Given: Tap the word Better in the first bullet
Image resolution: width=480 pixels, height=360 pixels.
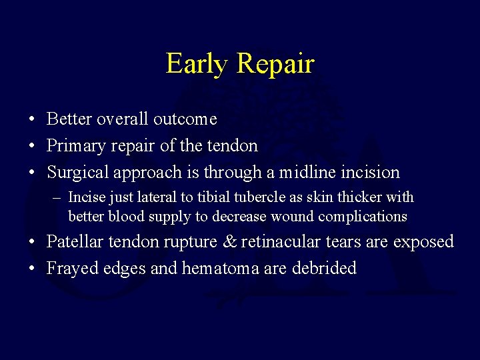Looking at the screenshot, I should (x=69, y=119).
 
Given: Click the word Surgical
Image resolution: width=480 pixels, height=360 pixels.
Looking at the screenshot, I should (x=78, y=173).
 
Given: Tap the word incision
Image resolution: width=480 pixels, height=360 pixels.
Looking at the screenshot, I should (x=369, y=172).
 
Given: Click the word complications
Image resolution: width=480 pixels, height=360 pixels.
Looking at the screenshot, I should (x=363, y=217).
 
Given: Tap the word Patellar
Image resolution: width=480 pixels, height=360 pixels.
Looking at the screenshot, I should (x=74, y=241).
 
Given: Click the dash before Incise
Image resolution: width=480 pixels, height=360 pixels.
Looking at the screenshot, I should (x=59, y=198).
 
